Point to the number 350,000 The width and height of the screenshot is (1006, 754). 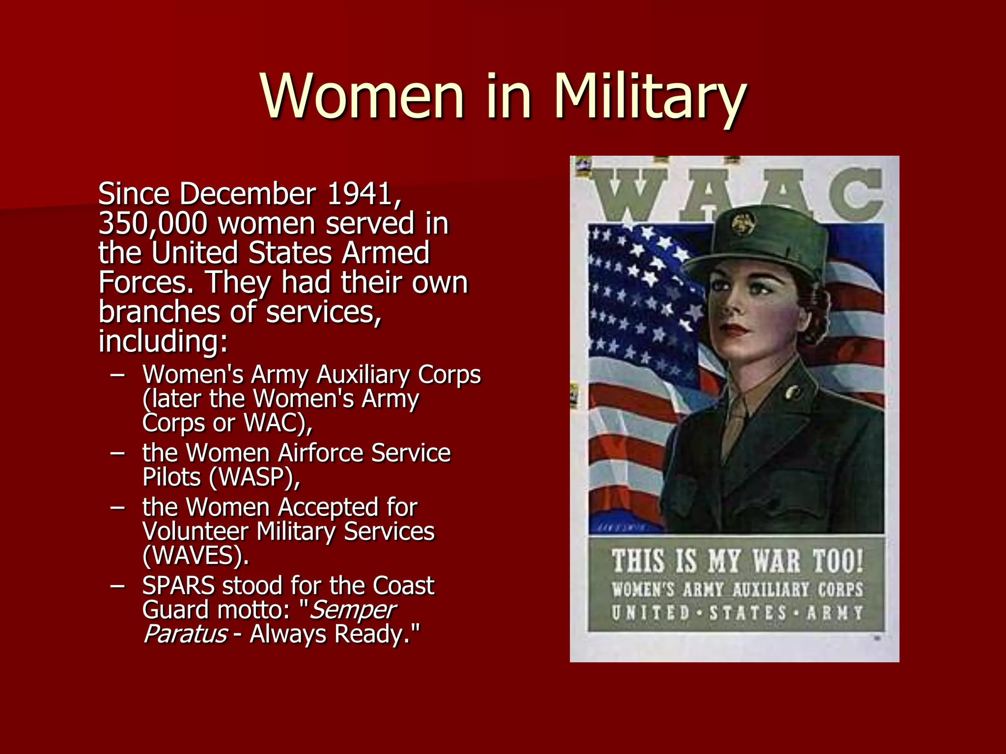[153, 224]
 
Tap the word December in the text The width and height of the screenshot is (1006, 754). [248, 194]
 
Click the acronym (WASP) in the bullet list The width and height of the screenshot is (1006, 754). [254, 477]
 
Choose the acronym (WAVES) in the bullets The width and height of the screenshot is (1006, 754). [196, 556]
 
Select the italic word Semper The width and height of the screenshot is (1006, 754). [353, 610]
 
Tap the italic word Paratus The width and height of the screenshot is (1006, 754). [185, 634]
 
